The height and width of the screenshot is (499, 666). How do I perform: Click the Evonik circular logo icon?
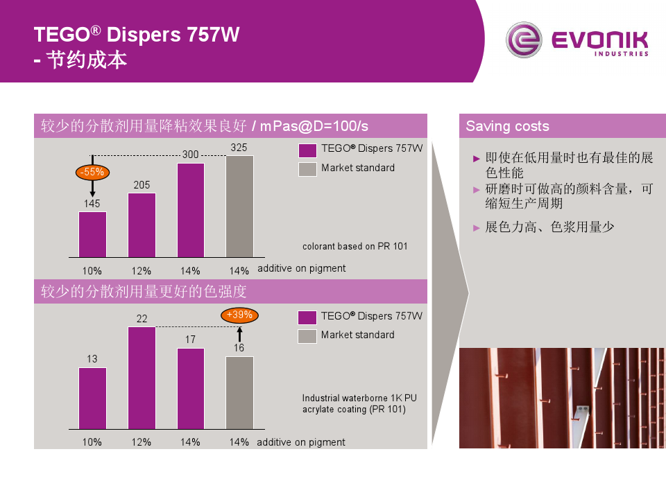coord(524,41)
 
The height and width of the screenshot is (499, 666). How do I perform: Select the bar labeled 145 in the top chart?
coord(92,234)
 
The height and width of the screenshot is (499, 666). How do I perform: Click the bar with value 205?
coord(142,225)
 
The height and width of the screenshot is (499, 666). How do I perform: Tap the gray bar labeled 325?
coord(239,207)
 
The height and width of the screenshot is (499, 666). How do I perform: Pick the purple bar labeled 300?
coord(190,210)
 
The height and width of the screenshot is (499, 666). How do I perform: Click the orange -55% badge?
coord(92,171)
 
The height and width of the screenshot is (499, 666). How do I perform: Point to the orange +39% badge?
coord(239,315)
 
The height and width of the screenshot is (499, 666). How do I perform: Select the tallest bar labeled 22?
coord(142,378)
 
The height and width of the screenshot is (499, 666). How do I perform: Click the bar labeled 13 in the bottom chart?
coord(92,398)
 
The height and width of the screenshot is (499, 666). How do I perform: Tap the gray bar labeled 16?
coord(239,392)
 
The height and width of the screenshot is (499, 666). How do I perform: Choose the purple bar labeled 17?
coord(190,388)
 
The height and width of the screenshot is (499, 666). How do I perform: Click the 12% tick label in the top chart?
coord(142,270)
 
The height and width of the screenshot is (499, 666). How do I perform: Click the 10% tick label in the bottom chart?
coord(92,442)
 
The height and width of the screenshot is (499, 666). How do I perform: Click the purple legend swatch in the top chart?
coord(307,150)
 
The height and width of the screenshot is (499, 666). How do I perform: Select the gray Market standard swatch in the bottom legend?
coord(307,336)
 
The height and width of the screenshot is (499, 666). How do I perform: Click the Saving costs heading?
coord(507,126)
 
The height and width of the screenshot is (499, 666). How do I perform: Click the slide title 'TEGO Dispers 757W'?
coord(137,35)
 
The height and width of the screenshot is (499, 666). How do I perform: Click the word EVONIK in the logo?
coord(599,40)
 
